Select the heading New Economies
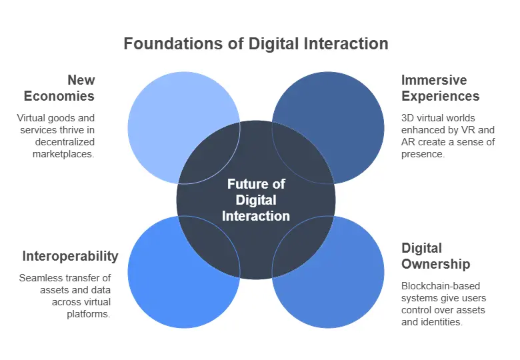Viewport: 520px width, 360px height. coord(59,88)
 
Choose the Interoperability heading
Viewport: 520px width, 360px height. coord(70,256)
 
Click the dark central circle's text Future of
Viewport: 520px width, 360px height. coord(256,185)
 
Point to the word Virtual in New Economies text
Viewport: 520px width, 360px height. coord(31,118)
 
